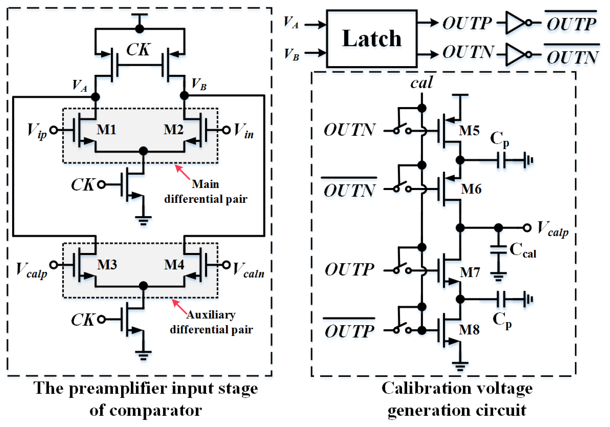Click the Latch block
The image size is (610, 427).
[x=372, y=38]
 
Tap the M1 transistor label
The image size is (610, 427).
[x=106, y=130]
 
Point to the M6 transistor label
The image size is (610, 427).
[x=471, y=189]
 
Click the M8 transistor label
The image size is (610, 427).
[x=469, y=330]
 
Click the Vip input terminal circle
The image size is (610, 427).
[x=54, y=130]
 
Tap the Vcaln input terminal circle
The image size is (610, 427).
[x=226, y=265]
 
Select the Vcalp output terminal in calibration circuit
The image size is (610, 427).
[x=527, y=228]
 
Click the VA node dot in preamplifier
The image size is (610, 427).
[x=95, y=97]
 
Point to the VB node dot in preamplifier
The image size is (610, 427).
[x=184, y=96]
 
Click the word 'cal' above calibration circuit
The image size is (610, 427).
[x=422, y=83]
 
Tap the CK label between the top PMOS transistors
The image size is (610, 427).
[x=138, y=50]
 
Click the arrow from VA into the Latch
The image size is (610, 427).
[x=315, y=25]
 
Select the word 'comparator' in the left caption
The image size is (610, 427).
[x=155, y=410]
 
